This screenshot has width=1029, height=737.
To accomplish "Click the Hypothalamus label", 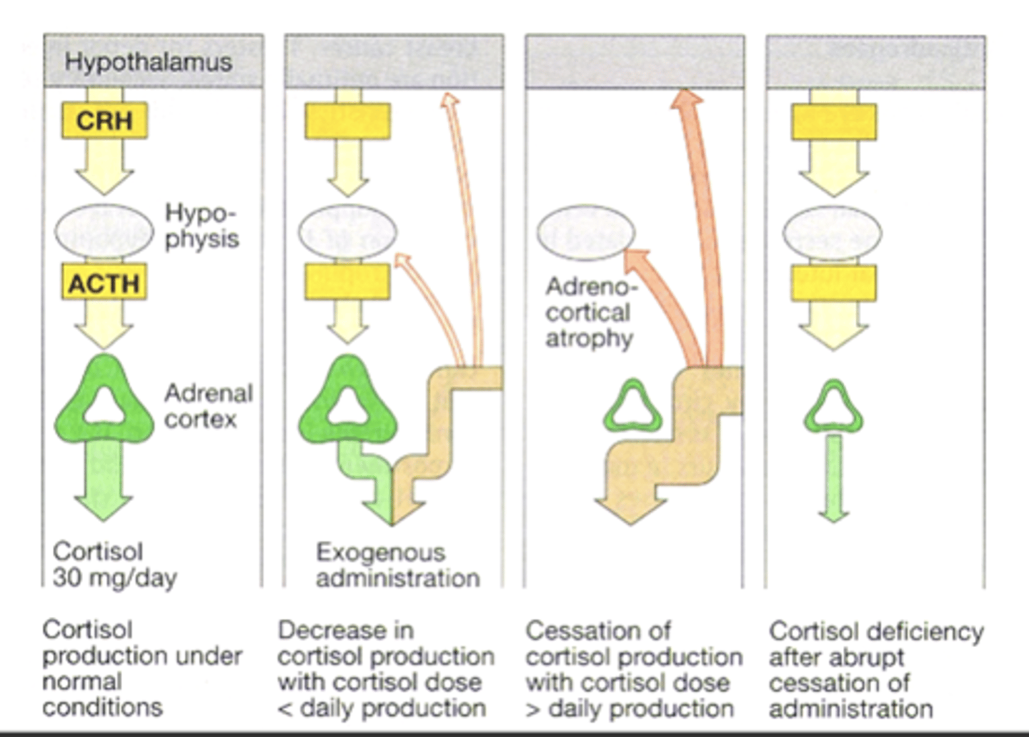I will point(149,61).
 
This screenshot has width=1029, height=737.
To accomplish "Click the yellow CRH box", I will point(104,120).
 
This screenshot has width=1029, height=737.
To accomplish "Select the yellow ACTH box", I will point(104,283).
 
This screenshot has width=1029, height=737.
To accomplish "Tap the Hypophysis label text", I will point(202,226).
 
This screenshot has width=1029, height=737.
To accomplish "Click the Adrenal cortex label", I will point(208,405).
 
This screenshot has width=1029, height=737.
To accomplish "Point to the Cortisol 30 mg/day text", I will point(114,564).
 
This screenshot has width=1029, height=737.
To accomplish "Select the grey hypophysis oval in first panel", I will point(104,231).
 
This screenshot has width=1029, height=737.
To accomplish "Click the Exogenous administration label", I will point(397,565).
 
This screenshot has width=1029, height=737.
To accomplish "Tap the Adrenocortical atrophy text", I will point(590,312).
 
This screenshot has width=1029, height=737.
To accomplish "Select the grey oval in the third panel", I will point(586,232).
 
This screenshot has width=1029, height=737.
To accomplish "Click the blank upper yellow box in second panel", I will point(348,121).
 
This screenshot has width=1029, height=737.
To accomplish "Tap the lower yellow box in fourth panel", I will point(833,283).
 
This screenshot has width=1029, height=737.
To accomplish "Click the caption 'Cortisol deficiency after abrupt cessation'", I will point(876,669).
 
